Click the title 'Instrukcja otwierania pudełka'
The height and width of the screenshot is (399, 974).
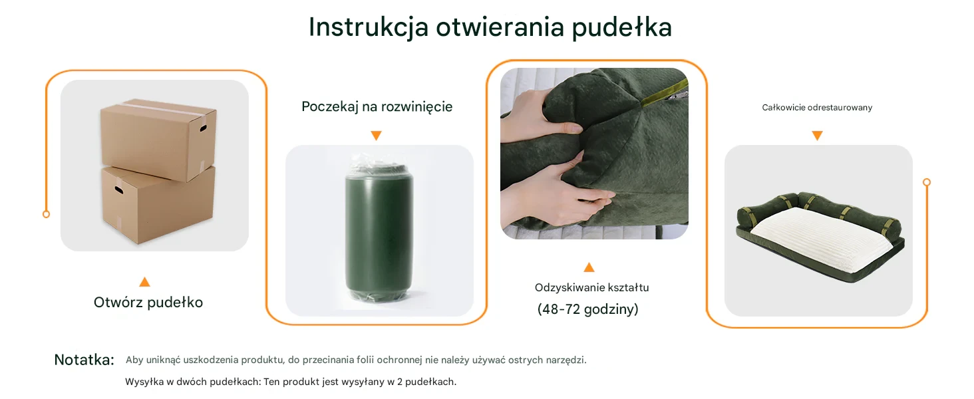coord(490,28)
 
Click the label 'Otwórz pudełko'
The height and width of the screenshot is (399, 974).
coord(148,303)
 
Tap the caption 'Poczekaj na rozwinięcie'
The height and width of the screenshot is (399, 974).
coord(377,107)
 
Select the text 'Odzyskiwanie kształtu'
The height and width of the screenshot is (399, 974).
coord(592,288)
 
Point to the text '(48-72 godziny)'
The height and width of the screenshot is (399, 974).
coord(588,309)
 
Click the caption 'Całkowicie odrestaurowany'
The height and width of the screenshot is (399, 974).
coord(817,107)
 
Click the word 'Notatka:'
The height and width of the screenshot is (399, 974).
coord(84,360)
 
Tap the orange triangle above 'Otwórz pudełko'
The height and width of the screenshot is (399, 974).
coord(145,282)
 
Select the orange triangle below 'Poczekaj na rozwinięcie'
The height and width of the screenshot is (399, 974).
coord(376,136)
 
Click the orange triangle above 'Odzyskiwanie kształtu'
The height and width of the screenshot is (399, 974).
coord(589,267)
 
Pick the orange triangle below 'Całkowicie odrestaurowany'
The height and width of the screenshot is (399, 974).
coord(817,136)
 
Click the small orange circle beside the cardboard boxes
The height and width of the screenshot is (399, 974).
coord(46,214)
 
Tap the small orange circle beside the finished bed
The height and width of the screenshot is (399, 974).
coord(927,182)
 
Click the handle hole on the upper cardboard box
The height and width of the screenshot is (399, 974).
coord(203,128)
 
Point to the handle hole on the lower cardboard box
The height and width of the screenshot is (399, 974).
coord(118,190)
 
